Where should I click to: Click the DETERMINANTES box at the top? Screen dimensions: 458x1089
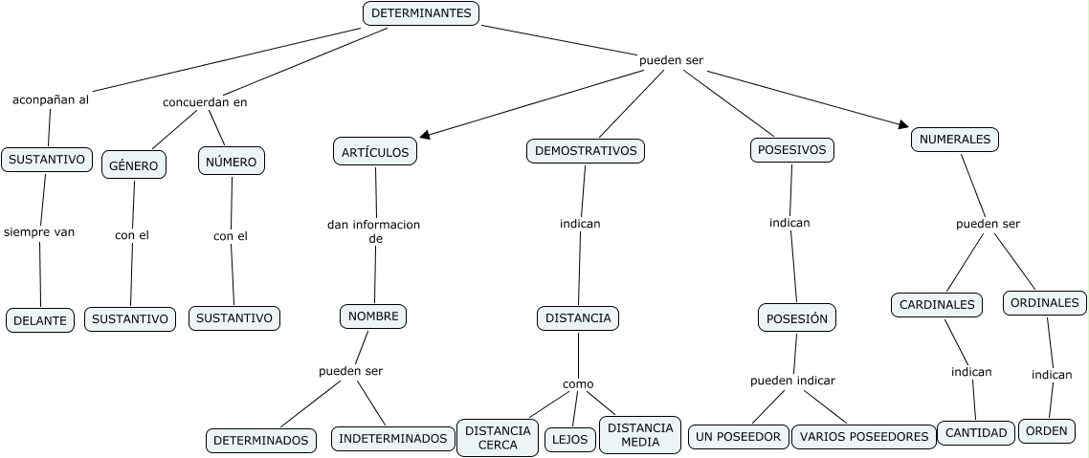[x=421, y=13]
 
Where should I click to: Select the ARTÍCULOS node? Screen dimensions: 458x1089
[x=375, y=151]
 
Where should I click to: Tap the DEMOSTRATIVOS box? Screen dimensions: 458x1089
[x=586, y=150]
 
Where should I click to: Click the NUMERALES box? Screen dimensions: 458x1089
[x=954, y=139]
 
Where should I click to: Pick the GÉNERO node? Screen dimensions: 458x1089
[x=134, y=164]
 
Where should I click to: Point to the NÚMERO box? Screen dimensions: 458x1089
[x=231, y=162]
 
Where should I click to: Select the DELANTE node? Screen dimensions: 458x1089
[x=40, y=321]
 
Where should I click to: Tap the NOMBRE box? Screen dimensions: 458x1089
[x=373, y=316]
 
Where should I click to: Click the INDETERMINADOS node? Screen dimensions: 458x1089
[x=393, y=438]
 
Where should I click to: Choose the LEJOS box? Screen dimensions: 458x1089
[x=571, y=439]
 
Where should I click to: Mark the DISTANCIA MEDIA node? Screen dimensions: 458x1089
[x=640, y=434]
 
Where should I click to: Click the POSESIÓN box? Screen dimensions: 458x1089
[x=797, y=318]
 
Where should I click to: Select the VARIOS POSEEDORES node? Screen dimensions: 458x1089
[x=864, y=436]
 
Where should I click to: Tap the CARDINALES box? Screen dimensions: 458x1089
[x=937, y=305]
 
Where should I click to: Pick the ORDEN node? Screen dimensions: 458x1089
[x=1046, y=430]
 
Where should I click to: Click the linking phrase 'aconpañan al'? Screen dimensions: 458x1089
[x=51, y=98]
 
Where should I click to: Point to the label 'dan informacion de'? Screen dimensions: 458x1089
[x=373, y=232]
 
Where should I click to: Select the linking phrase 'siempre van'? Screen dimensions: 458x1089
[x=39, y=231]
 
